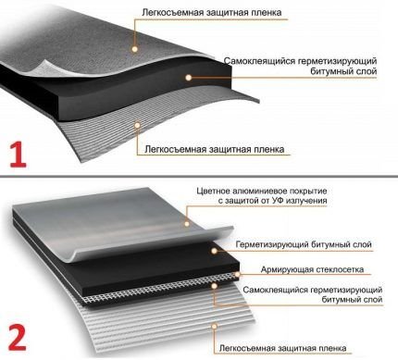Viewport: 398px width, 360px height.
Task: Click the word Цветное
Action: tap(213, 191)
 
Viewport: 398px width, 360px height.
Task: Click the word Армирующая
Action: tap(286, 269)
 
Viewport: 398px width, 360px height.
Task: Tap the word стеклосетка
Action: tap(340, 269)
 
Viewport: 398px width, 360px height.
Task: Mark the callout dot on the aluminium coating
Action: tap(187, 223)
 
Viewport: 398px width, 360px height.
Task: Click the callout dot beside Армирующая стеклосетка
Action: tap(237, 274)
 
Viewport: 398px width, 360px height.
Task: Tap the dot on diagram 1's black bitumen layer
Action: tap(189, 78)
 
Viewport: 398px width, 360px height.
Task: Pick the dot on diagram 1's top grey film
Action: tap(134, 49)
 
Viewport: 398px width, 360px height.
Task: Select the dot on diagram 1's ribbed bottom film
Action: tap(137, 125)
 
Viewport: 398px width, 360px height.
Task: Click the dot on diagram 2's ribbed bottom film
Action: tap(215, 326)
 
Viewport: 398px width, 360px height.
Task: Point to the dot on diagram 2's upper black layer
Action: tap(214, 251)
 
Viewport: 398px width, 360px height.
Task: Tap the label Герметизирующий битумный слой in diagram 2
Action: tap(304, 245)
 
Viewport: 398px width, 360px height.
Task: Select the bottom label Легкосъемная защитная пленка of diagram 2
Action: tap(282, 348)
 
